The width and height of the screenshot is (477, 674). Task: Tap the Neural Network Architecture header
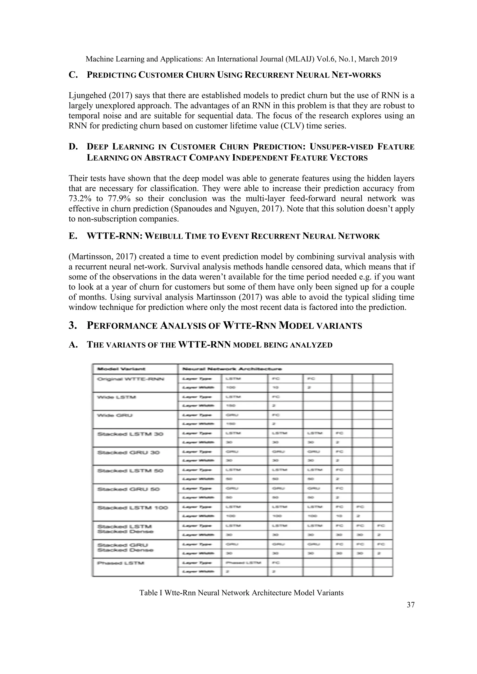(232, 369)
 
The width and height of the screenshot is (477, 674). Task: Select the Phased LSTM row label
(121, 563)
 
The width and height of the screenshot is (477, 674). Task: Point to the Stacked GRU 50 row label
(128, 489)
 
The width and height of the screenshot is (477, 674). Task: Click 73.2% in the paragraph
(79, 199)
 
